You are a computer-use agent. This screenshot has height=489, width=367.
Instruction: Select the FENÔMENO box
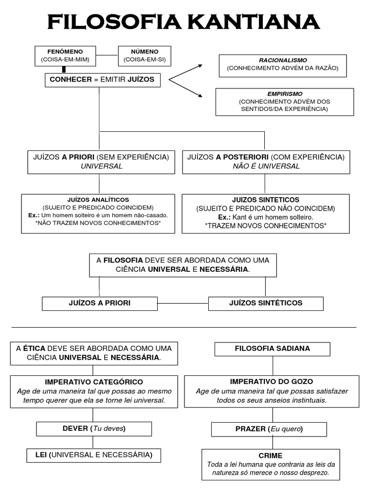[x=65, y=55]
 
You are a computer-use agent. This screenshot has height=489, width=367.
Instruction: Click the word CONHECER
[x=70, y=80]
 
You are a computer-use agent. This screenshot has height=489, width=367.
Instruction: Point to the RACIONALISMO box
[x=282, y=65]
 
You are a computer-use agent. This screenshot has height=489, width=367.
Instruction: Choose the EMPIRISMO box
[x=284, y=101]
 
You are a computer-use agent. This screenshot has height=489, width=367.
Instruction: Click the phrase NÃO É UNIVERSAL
[x=266, y=166]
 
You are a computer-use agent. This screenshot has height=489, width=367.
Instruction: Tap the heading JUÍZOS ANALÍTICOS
[x=98, y=200]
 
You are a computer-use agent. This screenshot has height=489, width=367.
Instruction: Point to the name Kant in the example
[x=240, y=217]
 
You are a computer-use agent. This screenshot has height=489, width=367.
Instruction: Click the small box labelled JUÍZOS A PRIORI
[x=100, y=303]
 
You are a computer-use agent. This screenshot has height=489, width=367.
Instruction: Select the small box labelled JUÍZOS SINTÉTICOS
[x=266, y=303]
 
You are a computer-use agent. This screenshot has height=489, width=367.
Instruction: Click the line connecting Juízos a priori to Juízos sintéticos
[x=183, y=303]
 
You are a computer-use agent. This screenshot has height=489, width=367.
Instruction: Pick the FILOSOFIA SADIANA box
[x=272, y=349]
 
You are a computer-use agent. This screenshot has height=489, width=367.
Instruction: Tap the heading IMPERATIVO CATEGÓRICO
[x=94, y=382]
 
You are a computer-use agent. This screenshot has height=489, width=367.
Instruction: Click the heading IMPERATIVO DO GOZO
[x=271, y=382]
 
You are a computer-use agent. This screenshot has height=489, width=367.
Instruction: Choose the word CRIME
[x=270, y=456]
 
